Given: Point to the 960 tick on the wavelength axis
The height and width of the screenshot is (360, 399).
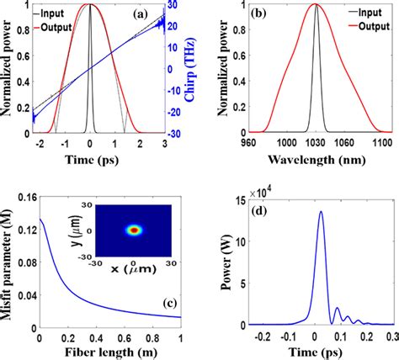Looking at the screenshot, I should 231,144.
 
